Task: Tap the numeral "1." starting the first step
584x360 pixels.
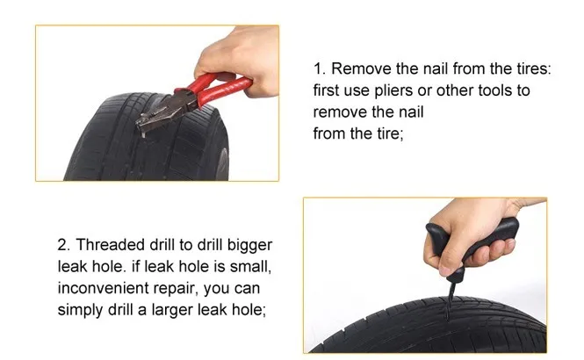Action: pyautogui.click(x=320, y=68)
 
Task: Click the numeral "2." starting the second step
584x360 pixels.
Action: pyautogui.click(x=65, y=245)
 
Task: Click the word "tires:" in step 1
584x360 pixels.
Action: pyautogui.click(x=533, y=68)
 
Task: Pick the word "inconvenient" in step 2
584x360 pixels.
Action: pyautogui.click(x=98, y=288)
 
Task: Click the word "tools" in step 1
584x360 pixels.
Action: pyautogui.click(x=494, y=90)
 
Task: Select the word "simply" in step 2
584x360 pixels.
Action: pyautogui.click(x=81, y=311)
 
